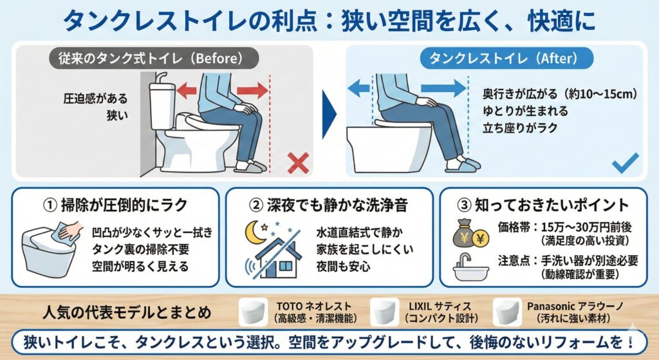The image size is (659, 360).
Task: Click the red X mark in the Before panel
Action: (x=299, y=163)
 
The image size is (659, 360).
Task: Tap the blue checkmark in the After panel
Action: (x=626, y=163)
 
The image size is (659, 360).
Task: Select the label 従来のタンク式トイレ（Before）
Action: (x=154, y=58)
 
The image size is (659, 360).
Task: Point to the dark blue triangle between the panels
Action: (x=329, y=114)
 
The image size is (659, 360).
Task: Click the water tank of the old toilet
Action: (x=162, y=105)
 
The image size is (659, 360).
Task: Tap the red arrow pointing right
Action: (x=252, y=90)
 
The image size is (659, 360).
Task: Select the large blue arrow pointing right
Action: (x=443, y=88)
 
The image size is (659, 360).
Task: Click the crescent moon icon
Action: (x=255, y=233)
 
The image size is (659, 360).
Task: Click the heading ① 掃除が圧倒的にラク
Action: (x=115, y=205)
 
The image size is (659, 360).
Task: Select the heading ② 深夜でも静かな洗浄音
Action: (x=328, y=205)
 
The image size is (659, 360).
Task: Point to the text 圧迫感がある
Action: (x=95, y=99)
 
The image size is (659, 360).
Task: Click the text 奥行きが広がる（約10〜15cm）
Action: (x=560, y=94)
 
